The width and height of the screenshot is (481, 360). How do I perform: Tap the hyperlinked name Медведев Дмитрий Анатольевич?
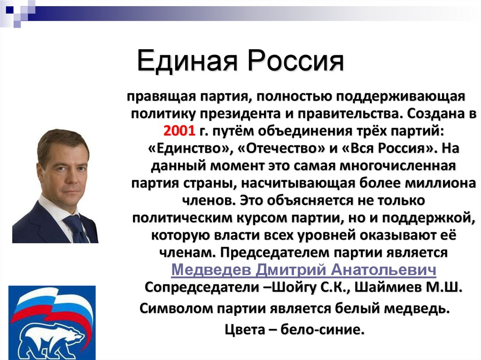303,270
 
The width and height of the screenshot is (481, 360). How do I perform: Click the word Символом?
176,309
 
